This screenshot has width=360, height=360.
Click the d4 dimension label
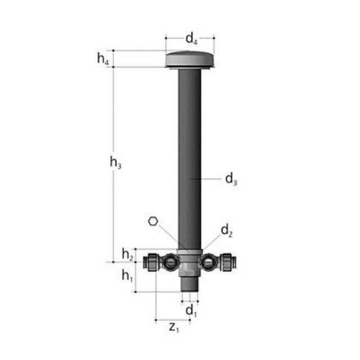pyautogui.click(x=191, y=40)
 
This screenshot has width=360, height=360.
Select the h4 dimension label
pyautogui.click(x=102, y=58)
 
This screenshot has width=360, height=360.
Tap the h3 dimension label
pyautogui.click(x=115, y=163)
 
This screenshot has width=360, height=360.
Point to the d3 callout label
pyautogui.click(x=231, y=179)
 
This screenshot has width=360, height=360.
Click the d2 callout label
pyautogui.click(x=227, y=229)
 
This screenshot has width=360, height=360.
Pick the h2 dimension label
pyautogui.click(x=128, y=255)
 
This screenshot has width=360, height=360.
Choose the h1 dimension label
pyautogui.click(x=128, y=276)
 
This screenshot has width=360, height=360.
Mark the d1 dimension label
pyautogui.click(x=191, y=310)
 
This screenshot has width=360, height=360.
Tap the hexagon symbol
pyautogui.click(x=153, y=221)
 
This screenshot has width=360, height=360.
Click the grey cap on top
pyautogui.click(x=190, y=59)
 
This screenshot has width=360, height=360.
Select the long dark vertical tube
pyautogui.click(x=190, y=152)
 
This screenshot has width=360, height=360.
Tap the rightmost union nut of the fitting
pyautogui.click(x=228, y=263)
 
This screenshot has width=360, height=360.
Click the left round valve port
pyautogui.click(x=170, y=262)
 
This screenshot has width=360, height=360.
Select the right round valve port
pyautogui.click(x=209, y=262)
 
